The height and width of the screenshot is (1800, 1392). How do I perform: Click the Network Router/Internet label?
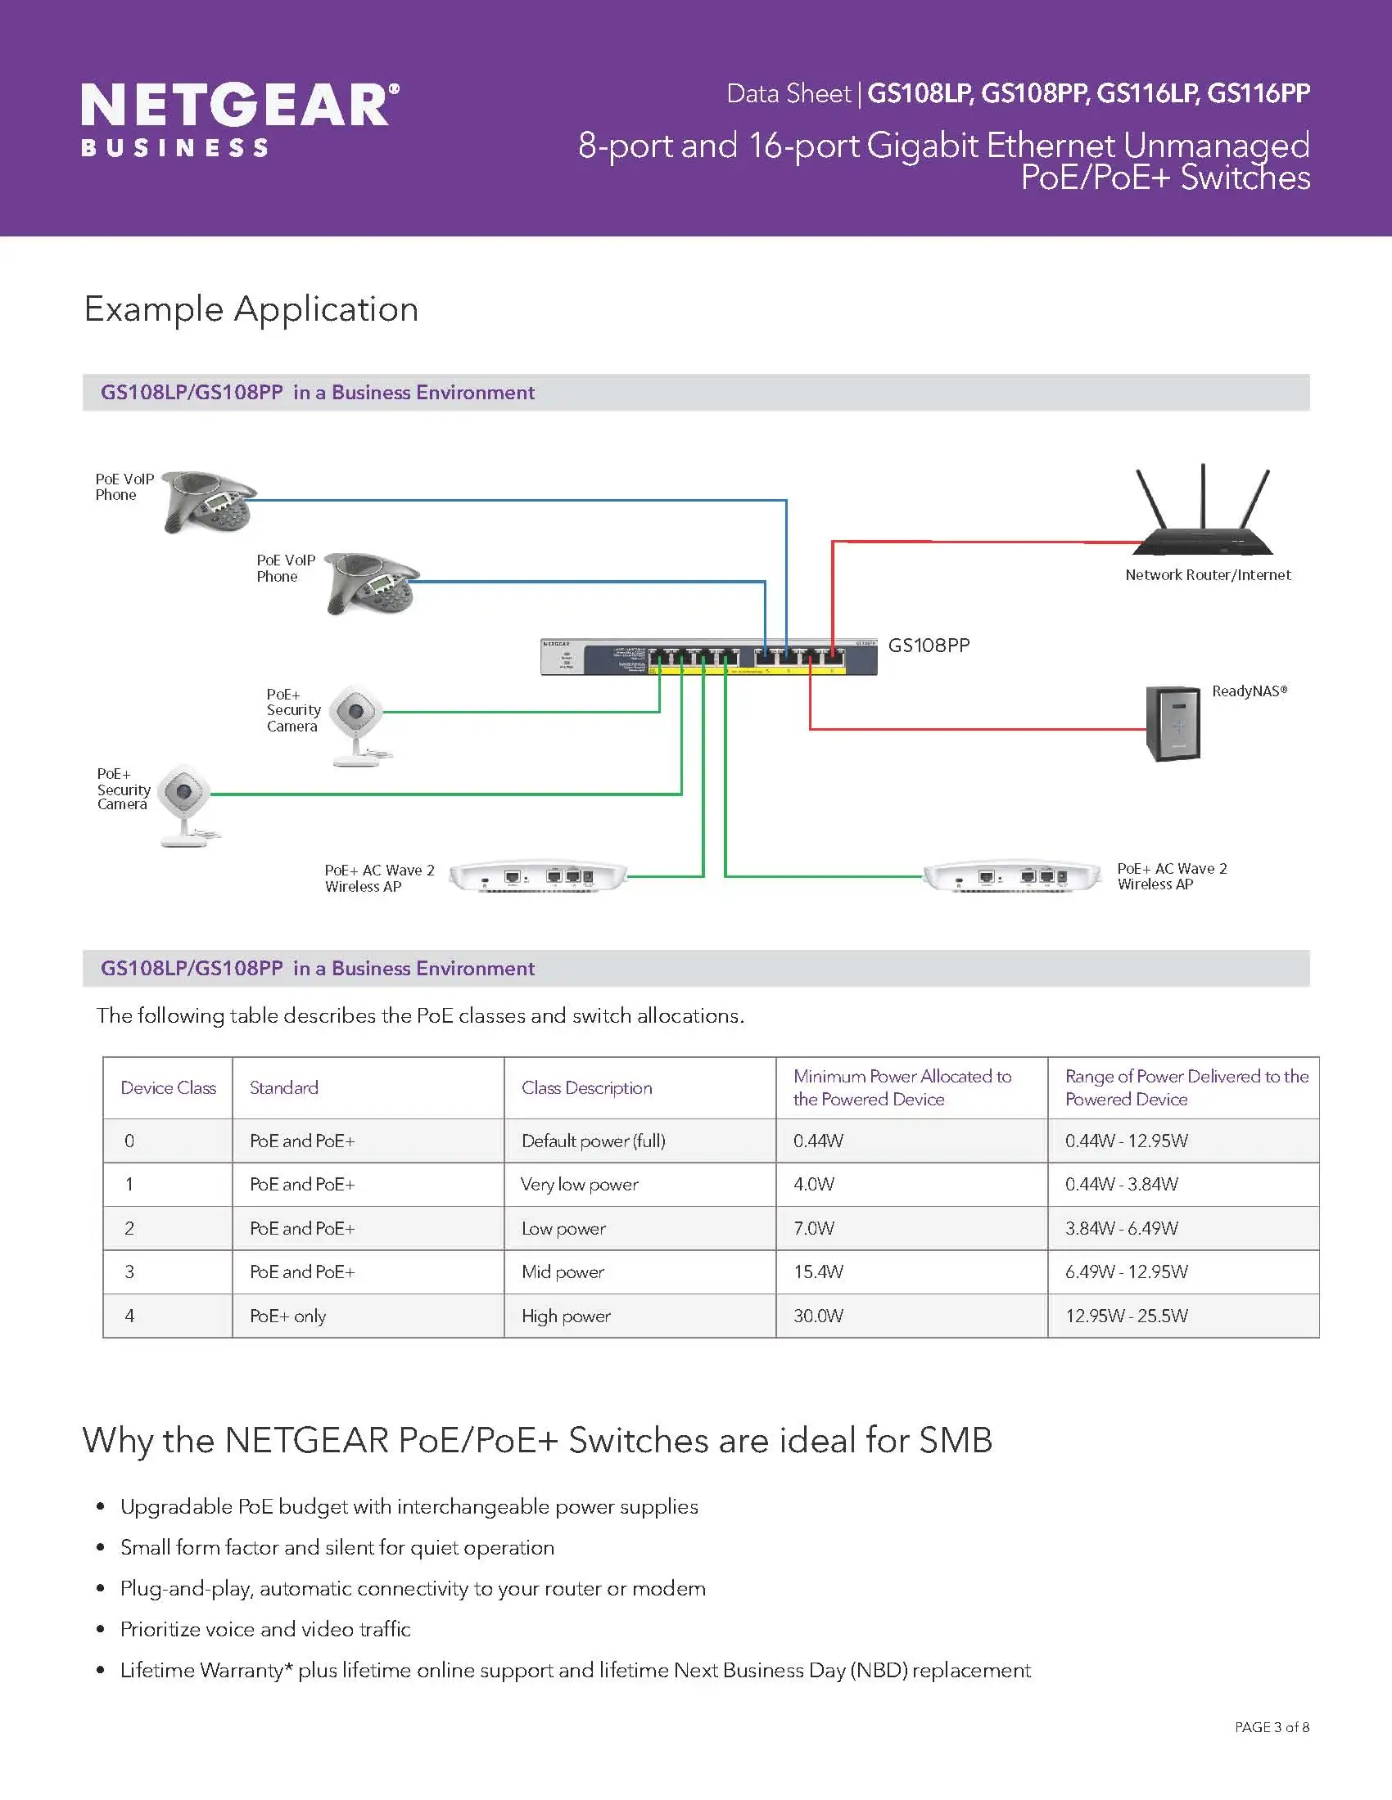tap(1207, 575)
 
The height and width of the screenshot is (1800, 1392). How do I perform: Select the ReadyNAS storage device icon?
tap(1173, 723)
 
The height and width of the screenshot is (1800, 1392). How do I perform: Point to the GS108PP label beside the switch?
tap(929, 646)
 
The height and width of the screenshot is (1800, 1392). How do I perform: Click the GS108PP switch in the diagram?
tap(708, 657)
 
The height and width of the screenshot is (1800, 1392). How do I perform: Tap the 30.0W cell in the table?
tap(818, 1316)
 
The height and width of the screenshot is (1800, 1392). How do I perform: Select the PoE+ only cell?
tap(287, 1316)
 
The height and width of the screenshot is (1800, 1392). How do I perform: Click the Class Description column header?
tap(586, 1088)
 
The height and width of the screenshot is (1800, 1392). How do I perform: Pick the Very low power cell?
tap(580, 1185)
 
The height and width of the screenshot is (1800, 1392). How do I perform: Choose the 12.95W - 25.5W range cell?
tap(1126, 1316)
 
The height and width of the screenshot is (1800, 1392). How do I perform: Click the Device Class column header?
tap(168, 1088)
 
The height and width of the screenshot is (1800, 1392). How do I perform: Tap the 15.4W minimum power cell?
tap(818, 1271)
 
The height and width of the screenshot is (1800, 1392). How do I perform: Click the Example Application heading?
tap(251, 309)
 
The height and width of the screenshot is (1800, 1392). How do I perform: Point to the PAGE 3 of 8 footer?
tap(1271, 1726)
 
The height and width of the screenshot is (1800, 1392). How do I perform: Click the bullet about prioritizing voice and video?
tap(264, 1629)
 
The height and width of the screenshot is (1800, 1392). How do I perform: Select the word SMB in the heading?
tap(956, 1440)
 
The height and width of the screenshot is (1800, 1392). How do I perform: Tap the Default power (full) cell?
tap(593, 1141)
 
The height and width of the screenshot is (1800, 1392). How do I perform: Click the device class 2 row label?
tap(129, 1228)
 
